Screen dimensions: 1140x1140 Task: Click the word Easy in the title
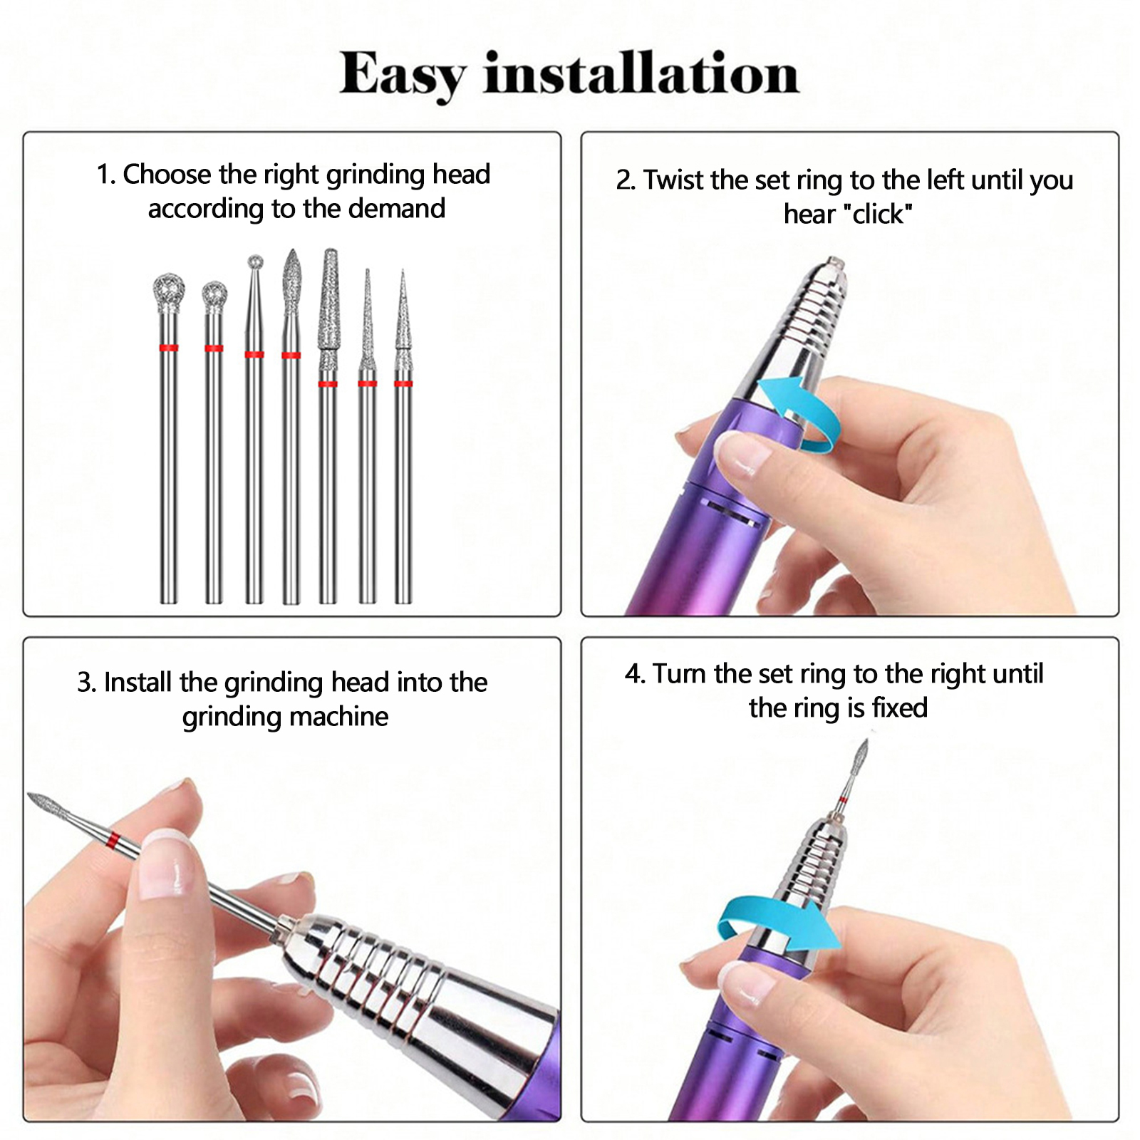click(403, 75)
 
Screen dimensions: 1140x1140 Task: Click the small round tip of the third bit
click(255, 262)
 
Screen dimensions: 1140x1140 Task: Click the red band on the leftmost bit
click(169, 348)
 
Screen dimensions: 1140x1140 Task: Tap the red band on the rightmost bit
click(403, 384)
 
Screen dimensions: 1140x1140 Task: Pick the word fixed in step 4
click(900, 708)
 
